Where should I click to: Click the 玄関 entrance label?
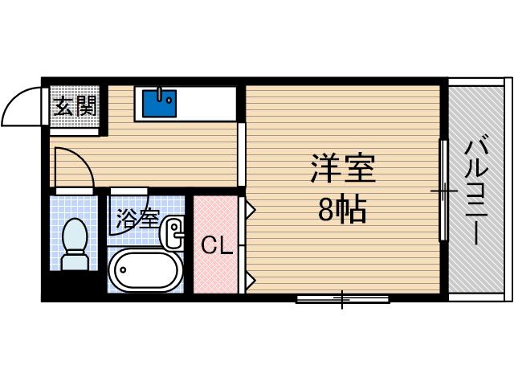pos(75,105)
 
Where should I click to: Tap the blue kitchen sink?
pos(158,103)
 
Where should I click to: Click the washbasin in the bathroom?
pos(173,234)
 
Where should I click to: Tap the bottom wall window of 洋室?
pos(343,299)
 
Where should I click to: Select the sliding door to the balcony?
pos(443,191)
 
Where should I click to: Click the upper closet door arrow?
pos(250,210)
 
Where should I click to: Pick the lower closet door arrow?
pos(250,279)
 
